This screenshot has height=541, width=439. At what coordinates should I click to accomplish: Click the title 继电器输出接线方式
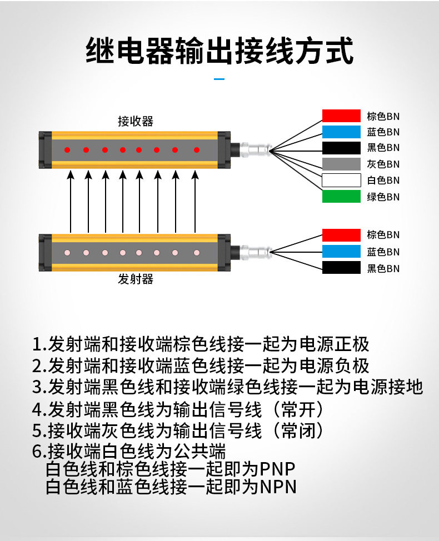click(219, 51)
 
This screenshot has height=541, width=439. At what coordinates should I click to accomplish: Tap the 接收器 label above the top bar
click(135, 121)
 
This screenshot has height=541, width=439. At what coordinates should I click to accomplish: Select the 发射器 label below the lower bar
click(135, 279)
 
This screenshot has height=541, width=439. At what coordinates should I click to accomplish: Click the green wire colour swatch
click(341, 197)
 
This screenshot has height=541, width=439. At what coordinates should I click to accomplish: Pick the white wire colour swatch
click(341, 181)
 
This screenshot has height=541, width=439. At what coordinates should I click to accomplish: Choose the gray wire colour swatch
click(341, 164)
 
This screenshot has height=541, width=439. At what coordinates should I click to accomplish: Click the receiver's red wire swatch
click(341, 116)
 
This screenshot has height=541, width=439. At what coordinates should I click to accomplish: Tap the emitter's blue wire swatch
click(341, 252)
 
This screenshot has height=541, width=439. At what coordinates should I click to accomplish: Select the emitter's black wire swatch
click(341, 268)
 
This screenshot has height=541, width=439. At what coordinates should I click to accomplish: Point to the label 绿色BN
click(383, 197)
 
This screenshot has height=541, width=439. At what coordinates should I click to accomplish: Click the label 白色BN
click(383, 181)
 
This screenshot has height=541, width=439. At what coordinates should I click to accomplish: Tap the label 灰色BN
click(383, 164)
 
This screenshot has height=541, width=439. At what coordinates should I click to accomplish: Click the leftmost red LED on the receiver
click(67, 150)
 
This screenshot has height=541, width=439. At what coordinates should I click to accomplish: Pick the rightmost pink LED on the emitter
click(196, 252)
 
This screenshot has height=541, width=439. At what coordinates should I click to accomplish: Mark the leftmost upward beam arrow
click(71, 203)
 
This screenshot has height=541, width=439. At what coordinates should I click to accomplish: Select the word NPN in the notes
click(278, 487)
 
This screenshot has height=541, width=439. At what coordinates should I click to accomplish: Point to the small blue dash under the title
click(219, 79)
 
